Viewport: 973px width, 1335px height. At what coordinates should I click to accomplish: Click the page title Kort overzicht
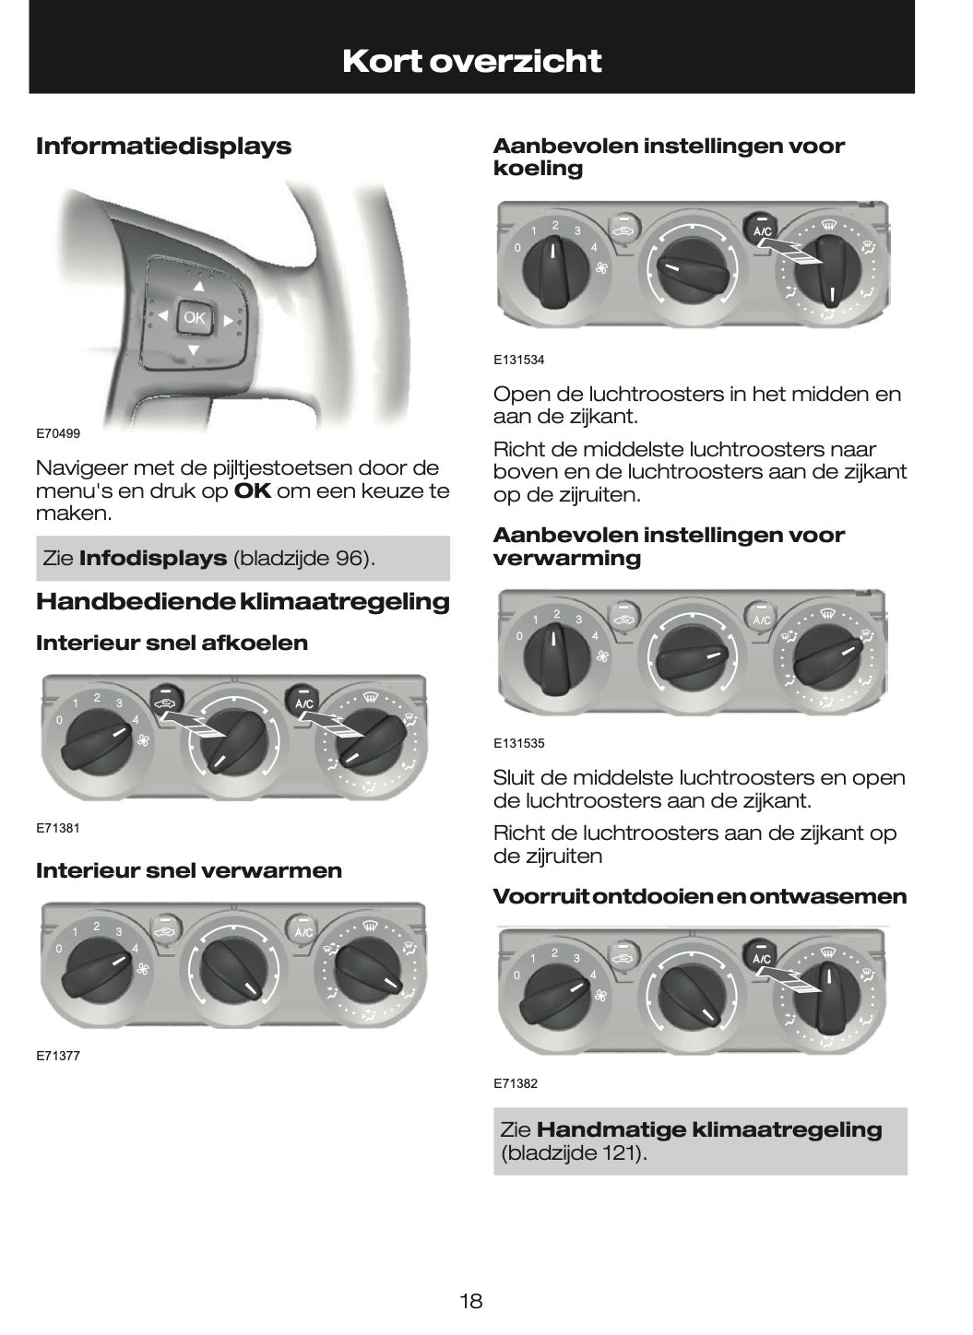[471, 61]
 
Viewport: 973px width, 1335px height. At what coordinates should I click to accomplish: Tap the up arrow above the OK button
[197, 286]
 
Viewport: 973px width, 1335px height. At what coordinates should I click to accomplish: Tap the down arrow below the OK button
[194, 349]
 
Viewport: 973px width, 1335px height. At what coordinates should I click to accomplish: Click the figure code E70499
[58, 433]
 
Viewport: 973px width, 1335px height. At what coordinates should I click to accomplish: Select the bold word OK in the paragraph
[252, 490]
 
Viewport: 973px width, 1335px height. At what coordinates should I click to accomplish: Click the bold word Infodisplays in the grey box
[153, 558]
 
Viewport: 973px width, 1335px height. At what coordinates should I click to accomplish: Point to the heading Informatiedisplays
[163, 146]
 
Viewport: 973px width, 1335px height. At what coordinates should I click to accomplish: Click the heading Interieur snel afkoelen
[172, 643]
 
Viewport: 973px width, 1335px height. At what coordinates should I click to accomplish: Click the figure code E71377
[58, 1056]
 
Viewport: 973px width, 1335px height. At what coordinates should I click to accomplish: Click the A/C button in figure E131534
[762, 229]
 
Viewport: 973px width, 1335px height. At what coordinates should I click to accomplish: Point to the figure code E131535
[518, 743]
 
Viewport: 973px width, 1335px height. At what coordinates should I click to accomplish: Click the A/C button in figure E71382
[761, 957]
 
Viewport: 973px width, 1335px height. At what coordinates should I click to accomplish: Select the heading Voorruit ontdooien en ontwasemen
[699, 896]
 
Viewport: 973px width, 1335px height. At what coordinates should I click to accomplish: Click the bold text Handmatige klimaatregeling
[708, 1129]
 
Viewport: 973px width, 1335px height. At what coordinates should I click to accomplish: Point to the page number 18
[470, 1301]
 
